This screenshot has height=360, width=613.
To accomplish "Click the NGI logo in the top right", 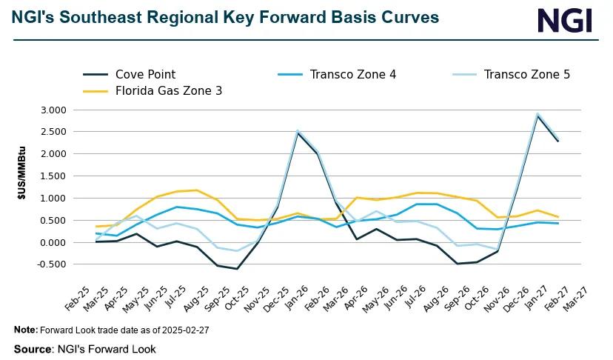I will tap(565, 20).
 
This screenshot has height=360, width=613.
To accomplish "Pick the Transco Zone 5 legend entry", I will tap(526, 74).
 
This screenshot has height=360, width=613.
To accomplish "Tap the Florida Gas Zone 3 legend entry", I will tap(168, 90).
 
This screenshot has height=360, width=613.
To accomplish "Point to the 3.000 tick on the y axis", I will tap(53, 110).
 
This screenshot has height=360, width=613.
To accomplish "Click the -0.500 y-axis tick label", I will tap(51, 264).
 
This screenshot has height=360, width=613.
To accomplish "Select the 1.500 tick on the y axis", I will tap(53, 176).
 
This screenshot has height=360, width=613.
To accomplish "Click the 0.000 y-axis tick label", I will tap(53, 242).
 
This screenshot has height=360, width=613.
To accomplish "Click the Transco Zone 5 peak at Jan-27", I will tap(537, 114).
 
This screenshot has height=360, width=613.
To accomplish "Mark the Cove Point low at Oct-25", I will tap(236, 269).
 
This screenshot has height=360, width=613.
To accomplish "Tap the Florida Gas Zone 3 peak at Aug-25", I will tap(197, 190).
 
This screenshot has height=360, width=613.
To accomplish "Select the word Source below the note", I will tap(33, 348).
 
